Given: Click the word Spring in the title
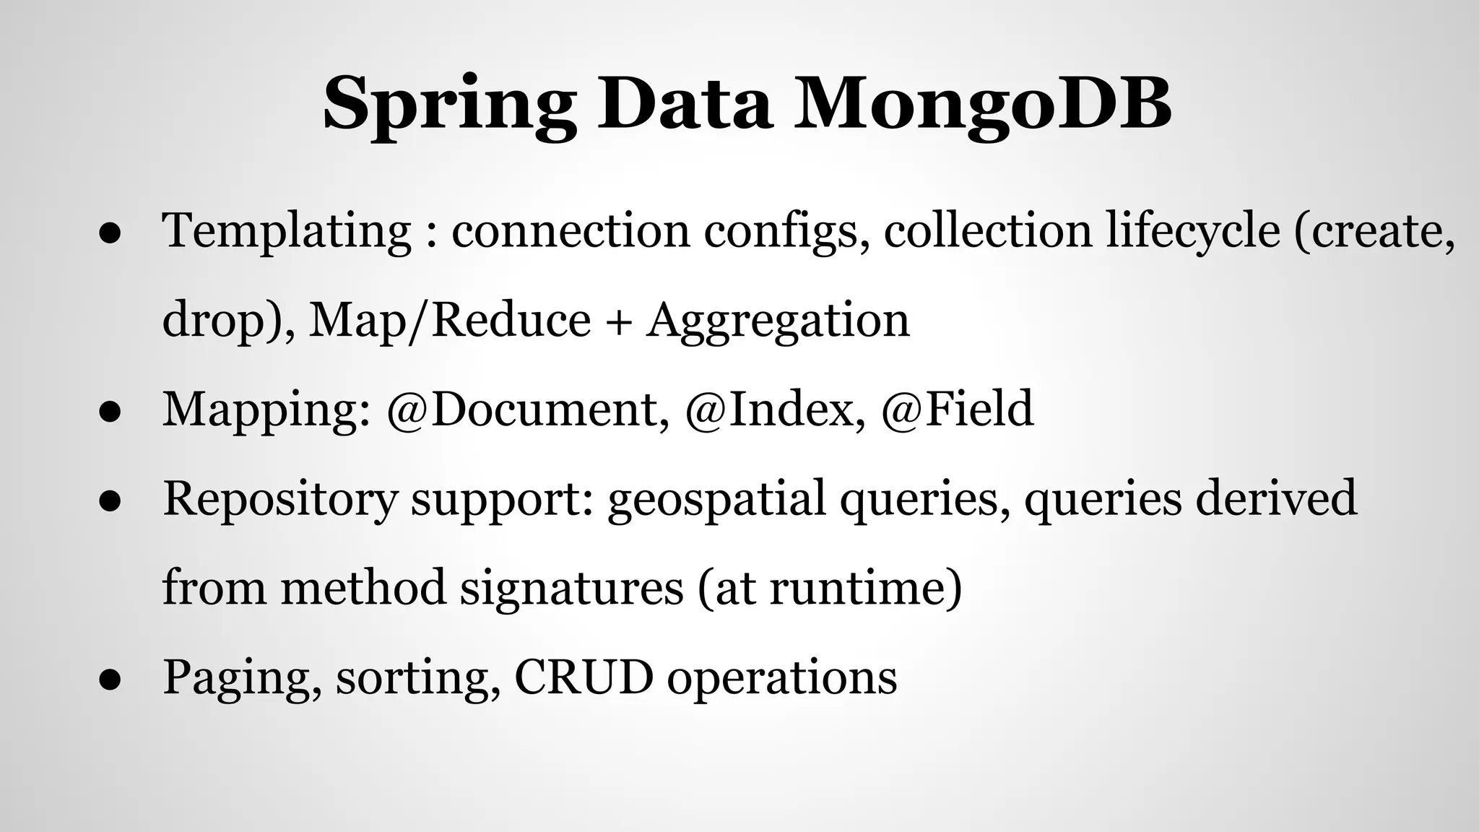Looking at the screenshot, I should click(x=448, y=105).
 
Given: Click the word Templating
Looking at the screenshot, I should click(x=287, y=231).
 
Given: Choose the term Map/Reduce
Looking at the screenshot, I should click(x=450, y=320).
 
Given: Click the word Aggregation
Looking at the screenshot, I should click(x=778, y=320).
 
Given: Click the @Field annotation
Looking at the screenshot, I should click(x=958, y=409).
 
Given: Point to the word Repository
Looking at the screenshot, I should click(x=280, y=499).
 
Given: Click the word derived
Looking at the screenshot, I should click(x=1276, y=499).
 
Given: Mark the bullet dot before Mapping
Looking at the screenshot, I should click(x=109, y=411).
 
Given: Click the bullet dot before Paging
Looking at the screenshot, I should click(x=109, y=679).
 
